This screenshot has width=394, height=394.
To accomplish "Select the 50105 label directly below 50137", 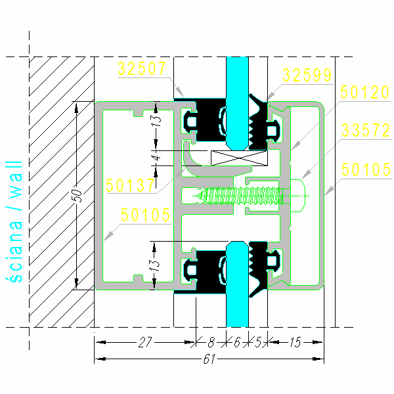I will pos(145,215).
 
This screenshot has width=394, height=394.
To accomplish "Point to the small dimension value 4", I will pos(156,158).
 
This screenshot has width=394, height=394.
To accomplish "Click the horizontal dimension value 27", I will pos(146,341).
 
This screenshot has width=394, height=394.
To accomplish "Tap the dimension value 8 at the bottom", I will pos(210,341).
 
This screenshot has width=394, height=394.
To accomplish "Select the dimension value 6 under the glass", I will pos(237,341).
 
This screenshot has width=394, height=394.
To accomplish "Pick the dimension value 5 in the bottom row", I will pos(258,341).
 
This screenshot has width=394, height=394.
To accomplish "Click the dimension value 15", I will pos(295,341).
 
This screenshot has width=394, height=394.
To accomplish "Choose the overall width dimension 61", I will pos(209,359).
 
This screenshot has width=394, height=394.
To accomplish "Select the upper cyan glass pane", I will pos(237,98).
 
